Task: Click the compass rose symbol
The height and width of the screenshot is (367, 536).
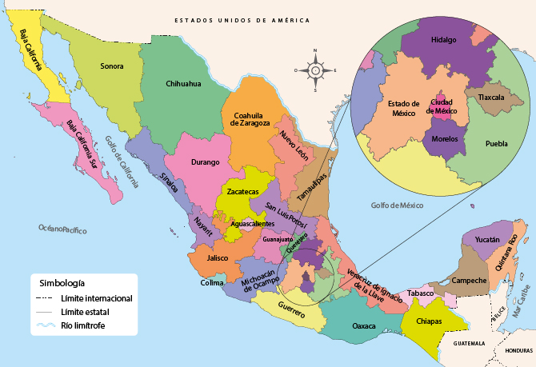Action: click(x=315, y=70)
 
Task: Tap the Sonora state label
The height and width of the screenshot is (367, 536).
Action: click(x=111, y=66)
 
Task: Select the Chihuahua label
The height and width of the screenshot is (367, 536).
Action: click(x=183, y=84)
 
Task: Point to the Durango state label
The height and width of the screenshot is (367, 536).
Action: click(x=205, y=162)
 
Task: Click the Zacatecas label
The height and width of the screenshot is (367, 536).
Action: click(x=242, y=193)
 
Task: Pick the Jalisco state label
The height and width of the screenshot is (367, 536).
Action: click(x=217, y=258)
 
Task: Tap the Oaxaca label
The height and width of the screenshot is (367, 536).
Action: click(x=364, y=325)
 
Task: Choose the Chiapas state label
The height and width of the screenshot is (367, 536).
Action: click(x=429, y=321)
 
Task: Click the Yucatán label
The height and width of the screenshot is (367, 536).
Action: click(x=487, y=240)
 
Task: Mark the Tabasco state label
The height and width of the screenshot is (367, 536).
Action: click(x=420, y=293)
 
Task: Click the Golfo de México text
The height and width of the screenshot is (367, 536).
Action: click(x=396, y=205)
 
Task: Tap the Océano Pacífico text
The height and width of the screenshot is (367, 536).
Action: click(x=62, y=229)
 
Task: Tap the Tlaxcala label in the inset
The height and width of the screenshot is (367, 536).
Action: click(x=490, y=98)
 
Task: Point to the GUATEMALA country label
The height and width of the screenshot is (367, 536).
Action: click(x=469, y=343)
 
